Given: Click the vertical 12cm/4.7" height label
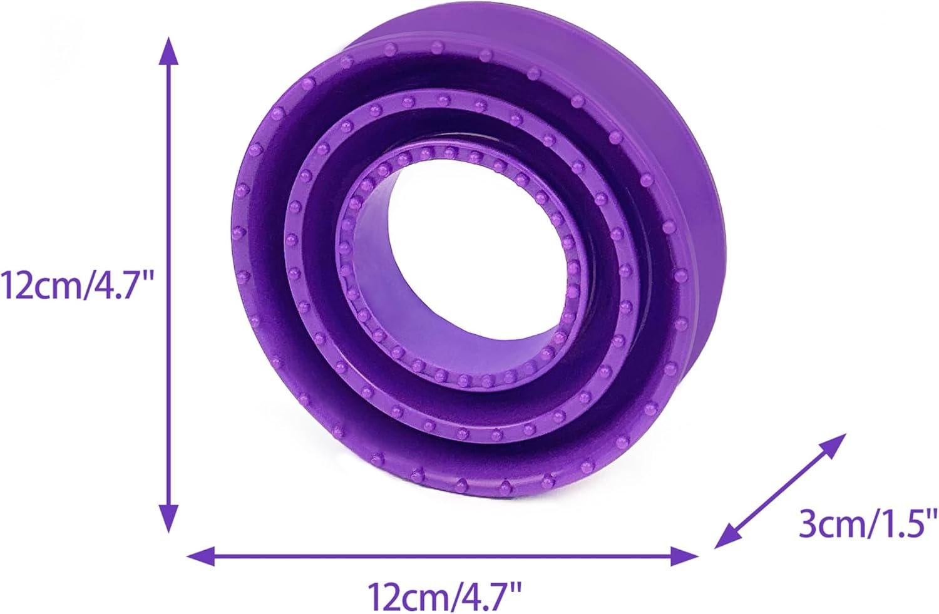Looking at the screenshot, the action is pos(78,285).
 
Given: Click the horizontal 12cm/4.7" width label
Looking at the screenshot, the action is pos(444,596).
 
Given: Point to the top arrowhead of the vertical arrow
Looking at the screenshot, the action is pos(169,51).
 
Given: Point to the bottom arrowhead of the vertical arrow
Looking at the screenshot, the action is pos(169,519).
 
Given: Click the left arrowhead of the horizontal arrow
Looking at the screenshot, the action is pos(200,556).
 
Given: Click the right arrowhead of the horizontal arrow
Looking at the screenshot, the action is pos(684,556).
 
